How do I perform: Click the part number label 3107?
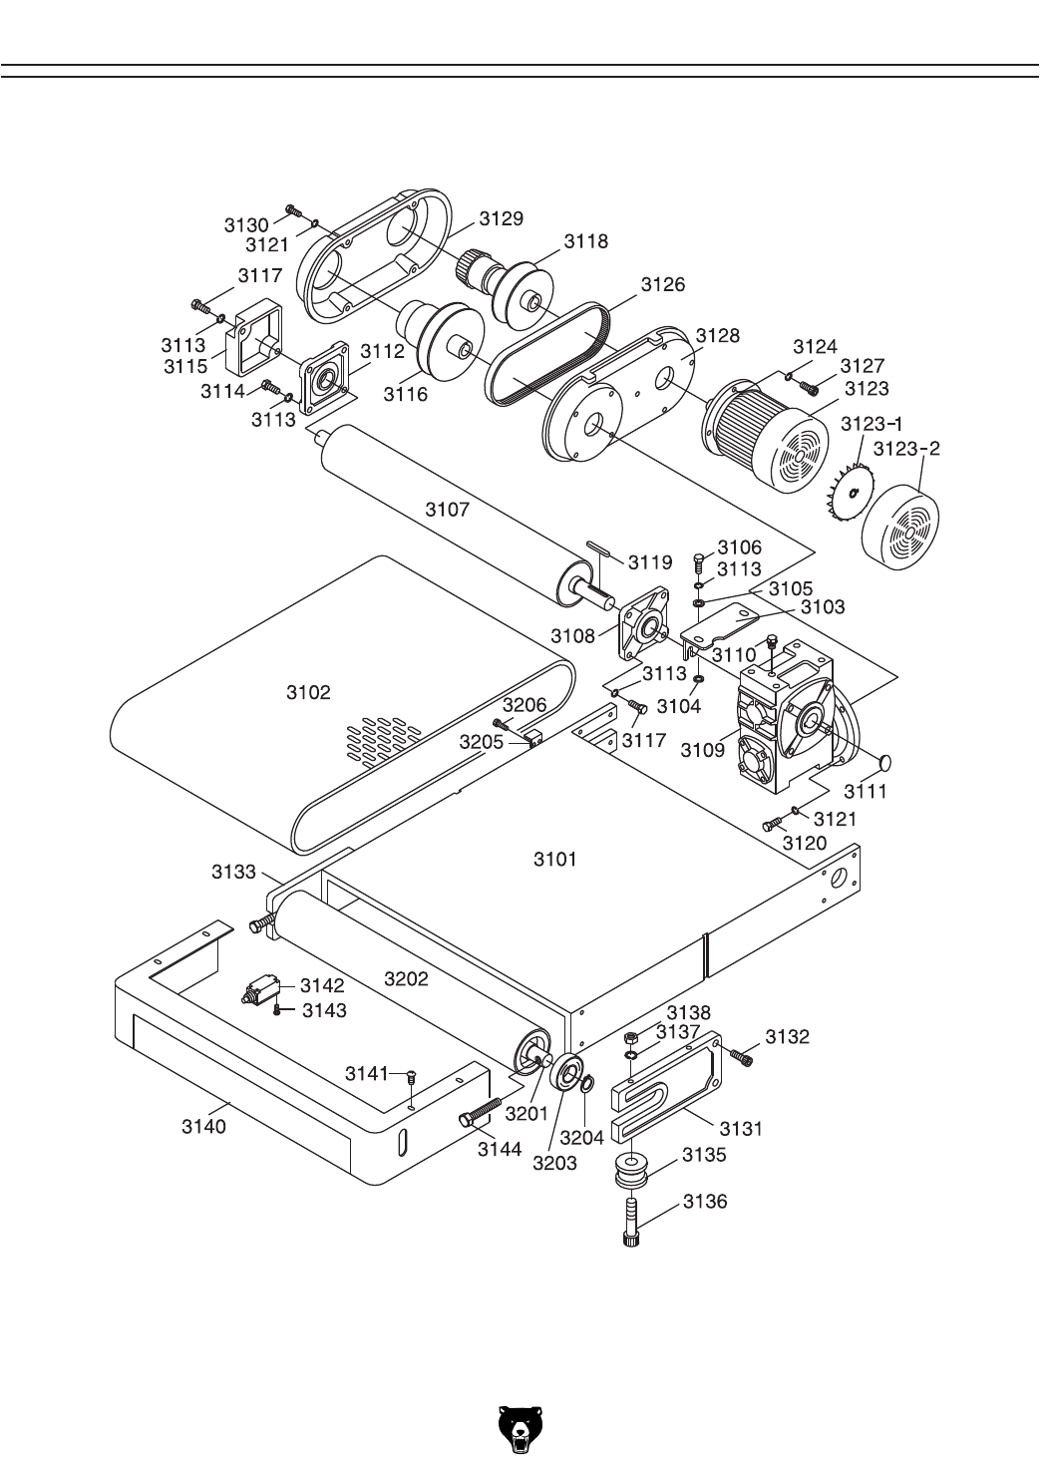click(447, 509)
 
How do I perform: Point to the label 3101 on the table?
click(554, 860)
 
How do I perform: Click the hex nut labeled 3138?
click(630, 1037)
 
